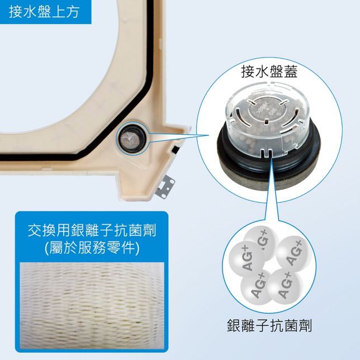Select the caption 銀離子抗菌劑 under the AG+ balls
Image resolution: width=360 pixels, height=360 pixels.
[269, 325]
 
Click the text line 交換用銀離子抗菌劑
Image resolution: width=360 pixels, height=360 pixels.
[92, 229]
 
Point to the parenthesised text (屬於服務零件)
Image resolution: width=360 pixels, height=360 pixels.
[92, 247]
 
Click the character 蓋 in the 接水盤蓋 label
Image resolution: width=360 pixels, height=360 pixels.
[289, 72]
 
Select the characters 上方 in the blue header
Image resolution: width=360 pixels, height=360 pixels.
[64, 12]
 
